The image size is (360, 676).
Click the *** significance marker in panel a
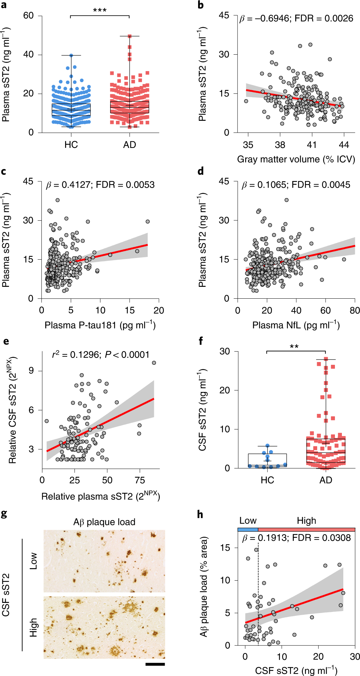[x=100, y=10]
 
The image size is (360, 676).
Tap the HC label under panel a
[x=71, y=145]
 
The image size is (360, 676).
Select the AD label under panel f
[x=326, y=480]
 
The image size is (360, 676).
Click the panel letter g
[x=4, y=513]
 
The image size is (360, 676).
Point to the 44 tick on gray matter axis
[x=344, y=145]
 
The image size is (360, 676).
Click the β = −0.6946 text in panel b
[x=264, y=18]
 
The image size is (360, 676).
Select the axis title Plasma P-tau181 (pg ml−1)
[x=100, y=325]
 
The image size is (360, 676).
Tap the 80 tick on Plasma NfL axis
[x=354, y=311]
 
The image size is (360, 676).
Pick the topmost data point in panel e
[x=154, y=363]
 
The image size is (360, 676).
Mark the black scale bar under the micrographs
[x=155, y=664]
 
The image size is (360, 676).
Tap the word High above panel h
[x=306, y=521]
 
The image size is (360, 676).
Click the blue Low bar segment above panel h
[x=248, y=529]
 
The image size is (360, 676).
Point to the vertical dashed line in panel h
[x=258, y=592]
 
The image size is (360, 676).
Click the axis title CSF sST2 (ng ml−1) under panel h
[x=296, y=670]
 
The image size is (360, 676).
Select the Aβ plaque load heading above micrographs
[x=104, y=522]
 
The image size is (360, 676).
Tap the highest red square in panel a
[x=130, y=36]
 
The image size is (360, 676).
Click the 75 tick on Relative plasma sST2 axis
[x=140, y=480]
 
